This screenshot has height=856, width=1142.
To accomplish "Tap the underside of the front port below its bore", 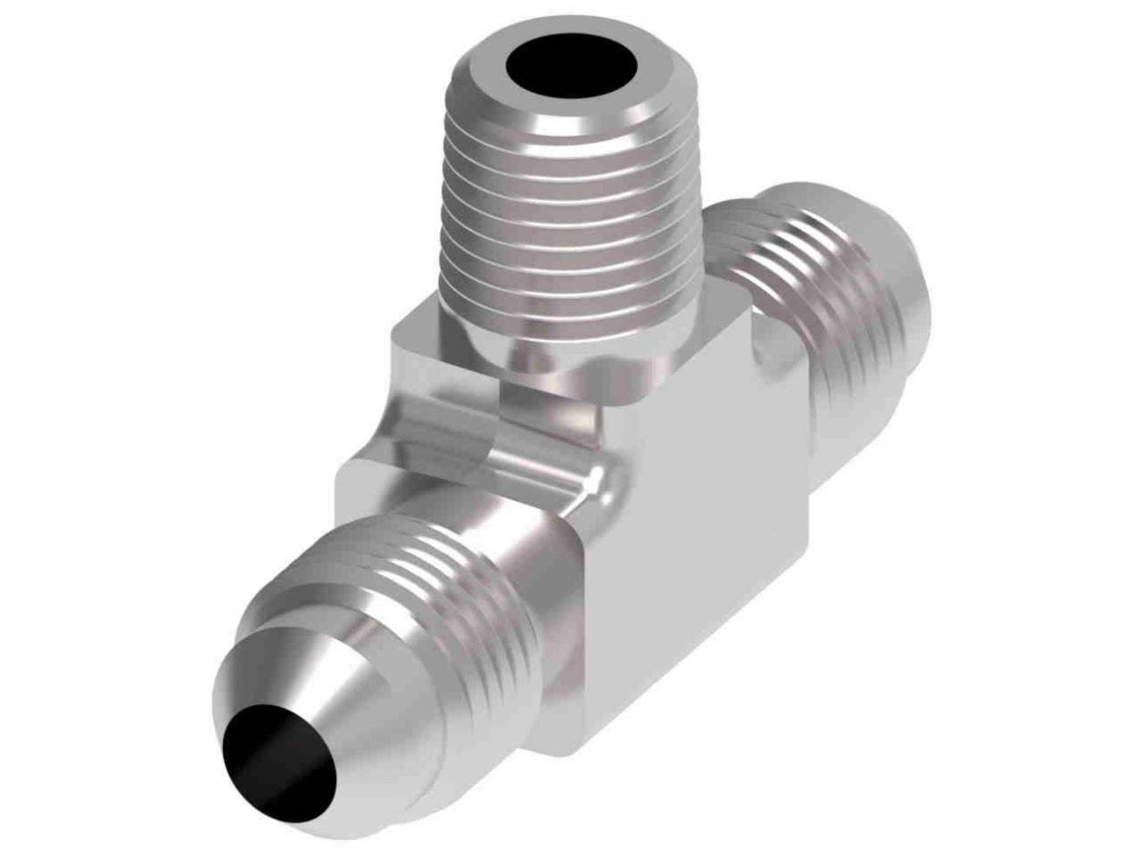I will click(x=375, y=785).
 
